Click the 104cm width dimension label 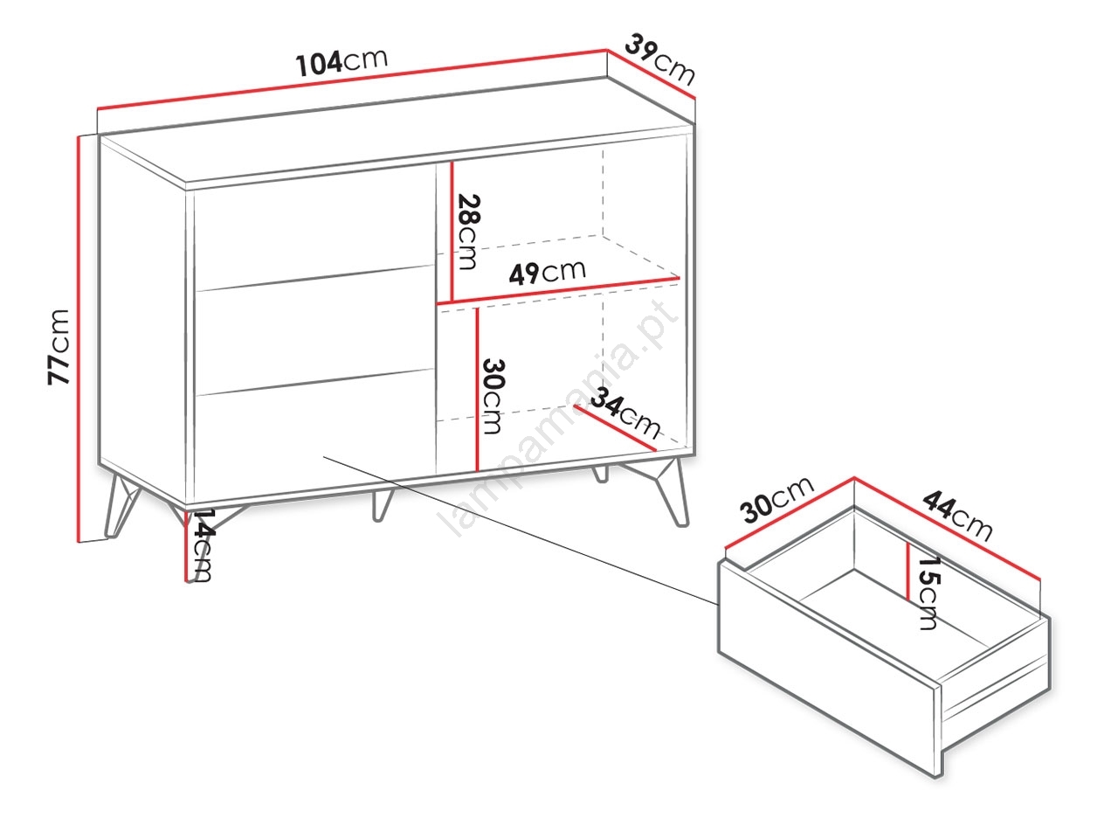(x=342, y=62)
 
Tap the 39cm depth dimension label (x=660, y=59)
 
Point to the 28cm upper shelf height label (x=467, y=232)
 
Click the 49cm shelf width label (x=547, y=273)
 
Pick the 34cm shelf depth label (x=625, y=413)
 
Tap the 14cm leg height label (x=201, y=545)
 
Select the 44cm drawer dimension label (x=957, y=515)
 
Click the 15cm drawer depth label (x=928, y=593)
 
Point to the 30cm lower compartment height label (x=493, y=396)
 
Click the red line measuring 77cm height (x=79, y=339)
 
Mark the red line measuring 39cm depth (x=651, y=75)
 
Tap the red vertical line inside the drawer (x=908, y=571)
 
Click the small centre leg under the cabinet (x=381, y=505)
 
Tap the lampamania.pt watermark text (x=559, y=419)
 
